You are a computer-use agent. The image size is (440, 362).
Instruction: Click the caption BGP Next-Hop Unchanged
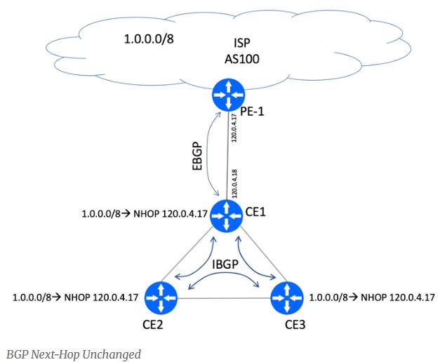[x=73, y=354]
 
